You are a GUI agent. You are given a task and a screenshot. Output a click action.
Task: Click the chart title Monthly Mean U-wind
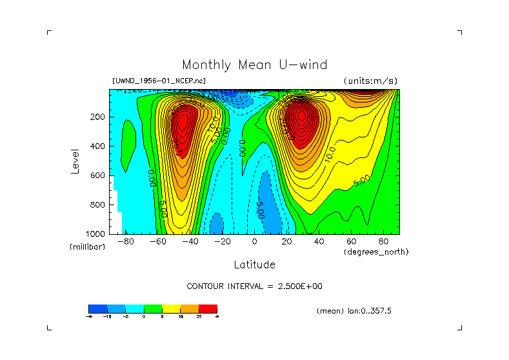coord(254,65)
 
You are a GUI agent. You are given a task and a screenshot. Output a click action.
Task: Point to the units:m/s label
coord(370,81)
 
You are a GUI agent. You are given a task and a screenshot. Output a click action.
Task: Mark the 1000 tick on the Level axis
coord(95,234)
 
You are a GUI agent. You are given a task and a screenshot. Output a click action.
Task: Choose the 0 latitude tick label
coord(254,241)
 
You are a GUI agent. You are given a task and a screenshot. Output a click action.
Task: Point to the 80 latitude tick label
coord(383,241)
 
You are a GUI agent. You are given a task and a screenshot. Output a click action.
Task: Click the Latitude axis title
coord(254,265)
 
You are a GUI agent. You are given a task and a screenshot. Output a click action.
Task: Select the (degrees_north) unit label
coord(376,251)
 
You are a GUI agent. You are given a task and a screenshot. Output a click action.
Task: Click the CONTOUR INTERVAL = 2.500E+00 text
coord(254,286)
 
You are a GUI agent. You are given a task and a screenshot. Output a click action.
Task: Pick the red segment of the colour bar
coord(208,309)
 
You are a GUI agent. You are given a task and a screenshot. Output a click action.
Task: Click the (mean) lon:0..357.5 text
coord(354,311)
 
